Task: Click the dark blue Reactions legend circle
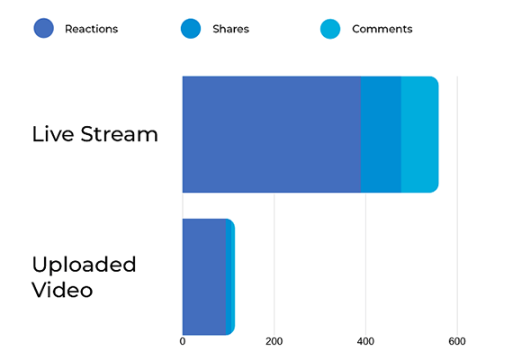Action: pos(44,29)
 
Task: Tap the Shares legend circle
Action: pos(190,29)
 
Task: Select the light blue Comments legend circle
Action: pos(331,29)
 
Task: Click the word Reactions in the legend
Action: pos(91,29)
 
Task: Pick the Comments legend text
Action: pos(382,29)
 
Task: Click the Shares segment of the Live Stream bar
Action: pos(382,135)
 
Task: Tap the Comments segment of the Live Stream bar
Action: pos(419,135)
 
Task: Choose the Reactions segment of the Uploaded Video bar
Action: pos(204,276)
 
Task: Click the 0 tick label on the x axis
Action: pos(183,342)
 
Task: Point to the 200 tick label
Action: pos(274,342)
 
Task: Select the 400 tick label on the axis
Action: pos(365,342)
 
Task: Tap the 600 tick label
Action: pos(457,342)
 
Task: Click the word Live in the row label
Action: pos(51,135)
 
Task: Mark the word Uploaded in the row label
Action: pos(84,265)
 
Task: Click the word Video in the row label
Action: pos(62,291)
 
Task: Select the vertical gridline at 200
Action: pos(274,270)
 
